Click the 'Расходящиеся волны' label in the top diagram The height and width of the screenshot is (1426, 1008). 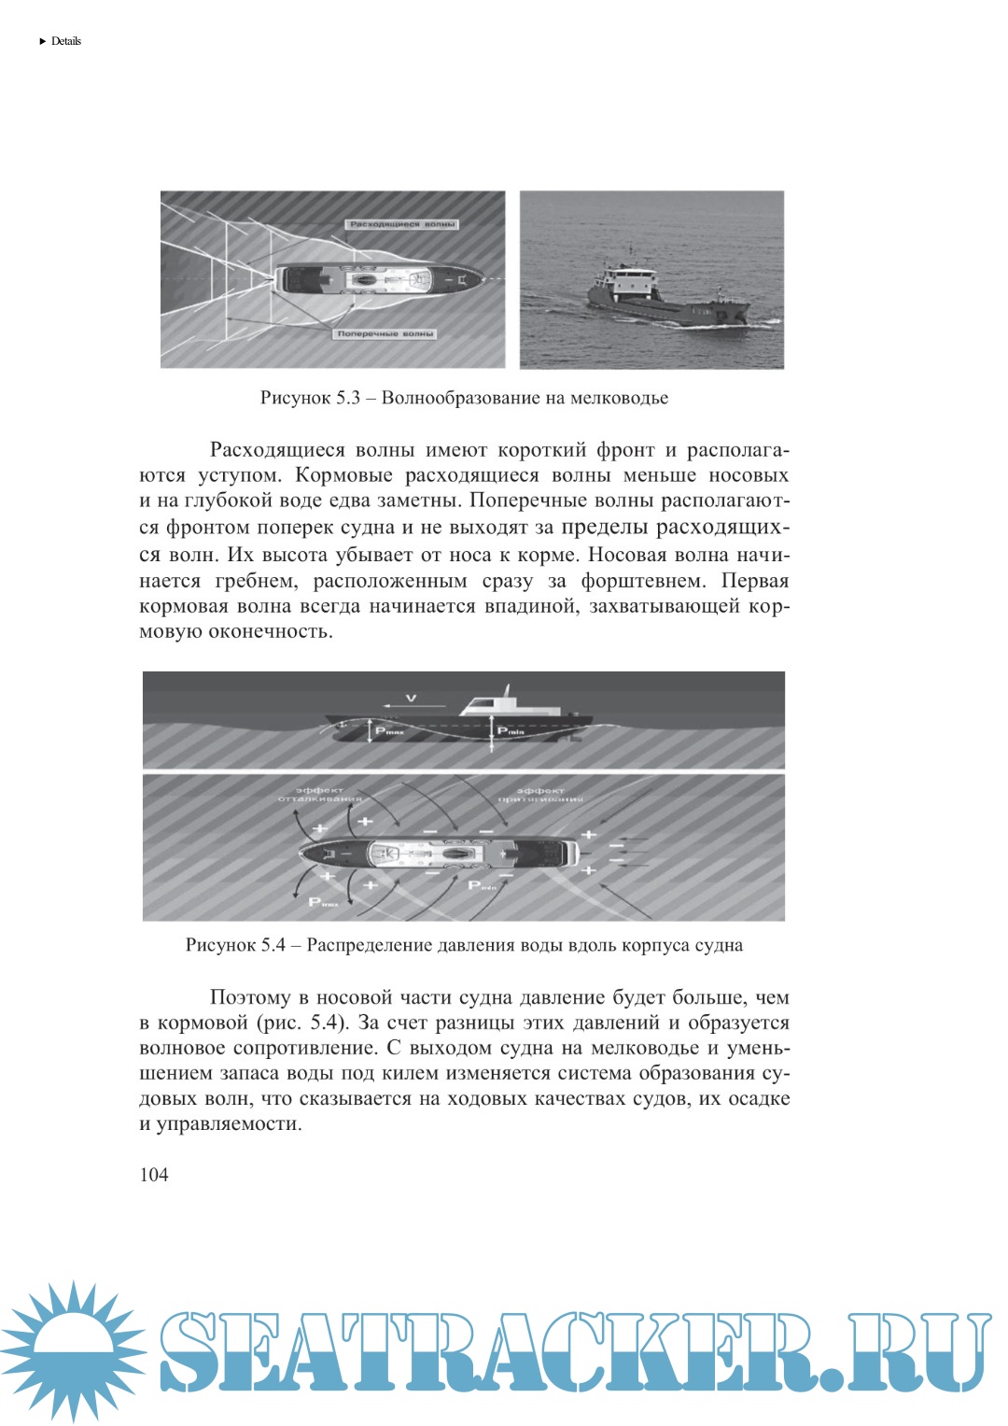pyautogui.click(x=402, y=224)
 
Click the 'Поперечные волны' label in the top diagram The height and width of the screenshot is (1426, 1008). pyautogui.click(x=385, y=333)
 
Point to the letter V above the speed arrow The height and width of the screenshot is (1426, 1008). pyautogui.click(x=411, y=698)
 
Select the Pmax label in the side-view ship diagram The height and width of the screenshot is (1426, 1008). pyautogui.click(x=389, y=731)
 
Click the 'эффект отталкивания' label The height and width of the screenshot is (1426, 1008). pyautogui.click(x=320, y=795)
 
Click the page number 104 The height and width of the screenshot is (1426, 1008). pyautogui.click(x=154, y=1175)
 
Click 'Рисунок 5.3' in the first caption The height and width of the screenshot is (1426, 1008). pyautogui.click(x=310, y=398)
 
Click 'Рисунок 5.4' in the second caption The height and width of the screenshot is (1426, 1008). pyautogui.click(x=235, y=945)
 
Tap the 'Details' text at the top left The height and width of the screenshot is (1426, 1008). pyautogui.click(x=65, y=41)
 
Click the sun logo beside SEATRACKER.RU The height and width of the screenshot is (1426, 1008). pyautogui.click(x=71, y=1351)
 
